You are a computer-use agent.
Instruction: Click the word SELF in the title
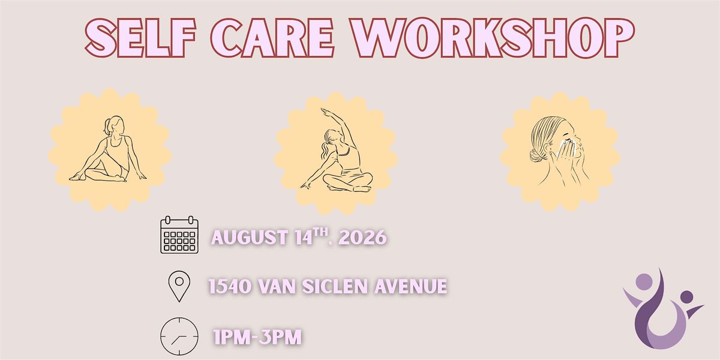click(x=140, y=38)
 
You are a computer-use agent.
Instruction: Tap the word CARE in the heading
click(x=272, y=38)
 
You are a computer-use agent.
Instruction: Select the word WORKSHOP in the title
click(x=492, y=38)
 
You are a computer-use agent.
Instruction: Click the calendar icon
click(x=179, y=235)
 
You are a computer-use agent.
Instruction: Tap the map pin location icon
click(x=179, y=286)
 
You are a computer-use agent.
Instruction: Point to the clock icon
click(x=179, y=336)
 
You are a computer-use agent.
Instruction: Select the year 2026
click(x=362, y=238)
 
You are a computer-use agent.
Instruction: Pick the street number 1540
click(x=229, y=286)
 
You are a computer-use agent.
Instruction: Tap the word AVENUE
click(x=411, y=286)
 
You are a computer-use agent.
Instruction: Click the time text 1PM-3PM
click(x=257, y=337)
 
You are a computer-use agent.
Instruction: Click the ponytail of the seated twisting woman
click(x=107, y=127)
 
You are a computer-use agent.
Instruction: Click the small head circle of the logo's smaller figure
click(x=687, y=296)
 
